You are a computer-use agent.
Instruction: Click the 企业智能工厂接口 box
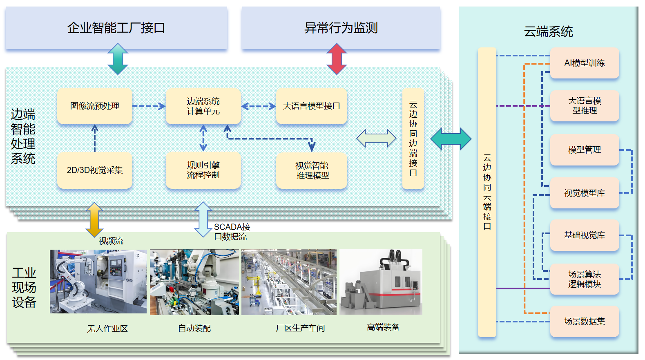tap(116, 28)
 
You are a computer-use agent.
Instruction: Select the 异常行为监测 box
tap(341, 28)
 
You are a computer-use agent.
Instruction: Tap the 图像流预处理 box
tap(95, 106)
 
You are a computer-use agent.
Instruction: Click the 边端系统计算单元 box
tap(203, 106)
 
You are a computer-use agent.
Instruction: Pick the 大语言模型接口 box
tap(311, 106)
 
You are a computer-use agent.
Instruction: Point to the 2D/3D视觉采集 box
tap(95, 170)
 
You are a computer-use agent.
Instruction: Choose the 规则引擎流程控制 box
tap(203, 170)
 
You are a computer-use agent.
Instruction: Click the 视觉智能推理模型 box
tap(312, 170)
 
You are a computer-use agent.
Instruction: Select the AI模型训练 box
tap(584, 63)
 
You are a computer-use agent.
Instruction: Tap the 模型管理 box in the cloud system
tap(584, 150)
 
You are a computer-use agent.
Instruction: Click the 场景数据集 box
tap(584, 321)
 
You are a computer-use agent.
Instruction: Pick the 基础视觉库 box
tap(584, 235)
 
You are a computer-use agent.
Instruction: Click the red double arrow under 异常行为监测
tap(337, 59)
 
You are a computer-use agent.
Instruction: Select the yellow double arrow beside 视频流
tap(94, 219)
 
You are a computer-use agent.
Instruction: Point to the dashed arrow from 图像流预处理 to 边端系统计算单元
tap(149, 106)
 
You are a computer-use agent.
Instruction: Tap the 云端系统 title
tap(548, 31)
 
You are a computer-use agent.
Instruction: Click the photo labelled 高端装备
tap(381, 282)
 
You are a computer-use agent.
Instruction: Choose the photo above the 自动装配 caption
tap(194, 282)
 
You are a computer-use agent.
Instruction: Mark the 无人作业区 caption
tap(107, 329)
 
